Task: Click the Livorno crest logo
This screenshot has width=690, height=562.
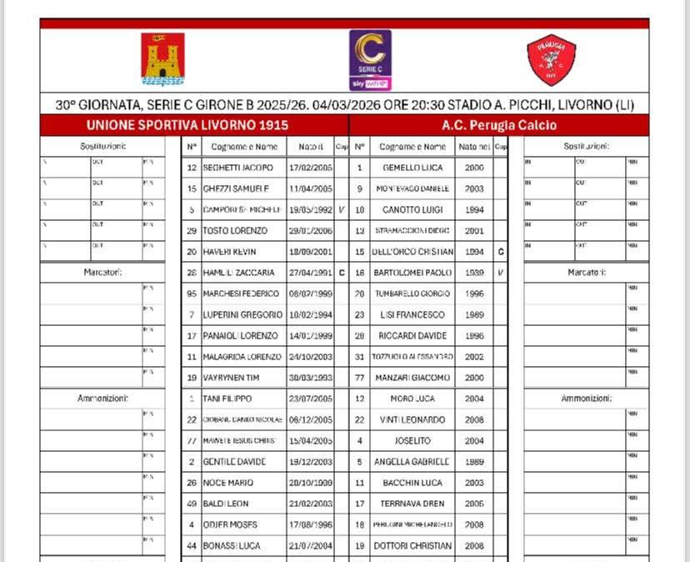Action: [x=162, y=59]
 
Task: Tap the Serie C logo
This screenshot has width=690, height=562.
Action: [x=370, y=59]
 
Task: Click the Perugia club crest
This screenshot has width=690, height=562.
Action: [x=551, y=59]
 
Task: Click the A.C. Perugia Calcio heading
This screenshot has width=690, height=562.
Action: [x=499, y=125]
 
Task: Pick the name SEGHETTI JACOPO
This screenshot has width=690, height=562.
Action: [x=237, y=168]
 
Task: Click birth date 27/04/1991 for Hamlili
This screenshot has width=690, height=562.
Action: [x=309, y=273]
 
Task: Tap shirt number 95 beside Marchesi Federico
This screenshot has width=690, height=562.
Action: [x=192, y=294]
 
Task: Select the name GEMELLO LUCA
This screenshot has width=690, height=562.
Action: [x=412, y=168]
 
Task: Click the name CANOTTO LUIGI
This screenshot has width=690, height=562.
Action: [x=412, y=209]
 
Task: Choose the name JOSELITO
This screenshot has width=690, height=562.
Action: [x=412, y=440]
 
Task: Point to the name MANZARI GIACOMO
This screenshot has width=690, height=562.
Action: [x=412, y=378]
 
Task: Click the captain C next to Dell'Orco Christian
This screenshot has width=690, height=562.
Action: [x=500, y=252]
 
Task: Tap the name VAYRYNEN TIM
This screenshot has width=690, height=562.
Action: [x=232, y=378]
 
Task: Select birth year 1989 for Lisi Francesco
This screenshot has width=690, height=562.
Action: [x=474, y=314]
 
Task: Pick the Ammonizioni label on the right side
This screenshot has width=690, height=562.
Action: [x=586, y=399]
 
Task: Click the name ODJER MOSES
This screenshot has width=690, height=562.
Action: [x=229, y=524]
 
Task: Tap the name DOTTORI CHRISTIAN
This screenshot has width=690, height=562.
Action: [x=412, y=545]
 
